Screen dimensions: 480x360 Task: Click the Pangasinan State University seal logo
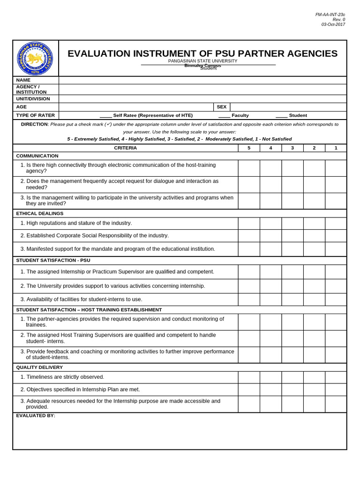(x=35, y=59)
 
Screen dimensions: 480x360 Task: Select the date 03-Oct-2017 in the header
(x=333, y=24)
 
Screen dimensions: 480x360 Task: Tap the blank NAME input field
(x=202, y=80)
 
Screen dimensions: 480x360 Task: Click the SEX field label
(x=222, y=107)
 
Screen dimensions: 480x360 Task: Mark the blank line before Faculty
(x=224, y=116)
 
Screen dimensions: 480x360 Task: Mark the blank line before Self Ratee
(x=105, y=116)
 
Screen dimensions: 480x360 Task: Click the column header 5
(x=249, y=148)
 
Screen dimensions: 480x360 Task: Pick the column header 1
(x=336, y=148)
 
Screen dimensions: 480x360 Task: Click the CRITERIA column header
(x=126, y=148)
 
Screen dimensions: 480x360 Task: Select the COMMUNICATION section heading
(x=37, y=156)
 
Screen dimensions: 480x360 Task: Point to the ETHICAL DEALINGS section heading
(x=40, y=213)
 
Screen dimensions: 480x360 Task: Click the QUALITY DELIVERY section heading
(x=39, y=367)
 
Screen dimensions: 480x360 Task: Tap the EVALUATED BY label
(x=36, y=415)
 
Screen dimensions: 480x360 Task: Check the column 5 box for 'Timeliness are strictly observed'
(x=249, y=377)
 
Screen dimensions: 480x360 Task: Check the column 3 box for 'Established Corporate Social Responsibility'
(x=292, y=236)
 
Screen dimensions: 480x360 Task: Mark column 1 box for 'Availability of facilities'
(x=336, y=300)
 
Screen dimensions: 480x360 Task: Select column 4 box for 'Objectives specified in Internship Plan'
(x=270, y=390)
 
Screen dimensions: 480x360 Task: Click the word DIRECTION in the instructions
(x=34, y=124)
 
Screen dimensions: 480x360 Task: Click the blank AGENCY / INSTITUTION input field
(x=202, y=90)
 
